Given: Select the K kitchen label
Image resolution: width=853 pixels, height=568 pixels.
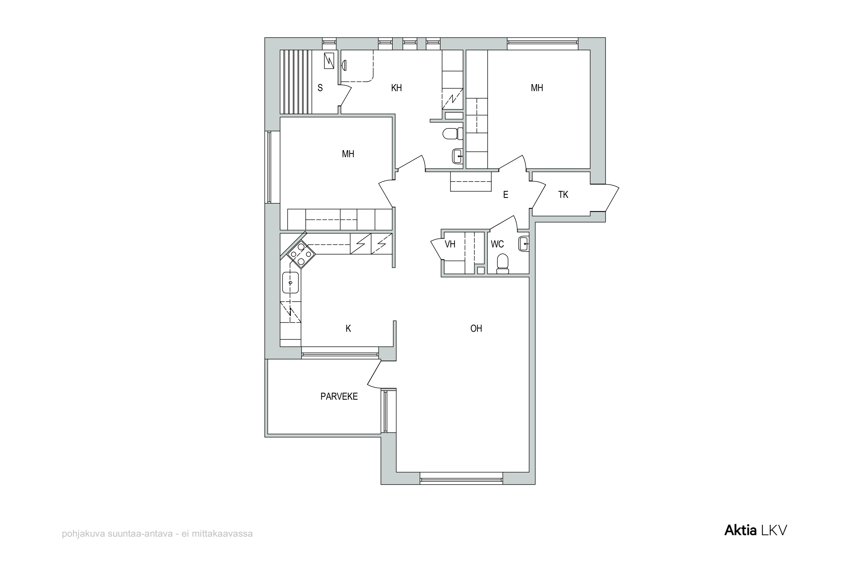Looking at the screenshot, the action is [348, 329].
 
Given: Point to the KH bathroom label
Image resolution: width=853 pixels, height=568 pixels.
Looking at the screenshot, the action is [396, 88].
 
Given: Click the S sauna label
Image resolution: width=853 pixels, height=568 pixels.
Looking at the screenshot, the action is [320, 88].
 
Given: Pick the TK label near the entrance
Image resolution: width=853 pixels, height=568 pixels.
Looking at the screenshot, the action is [563, 195].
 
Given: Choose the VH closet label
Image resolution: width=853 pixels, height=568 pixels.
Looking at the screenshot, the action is [450, 244].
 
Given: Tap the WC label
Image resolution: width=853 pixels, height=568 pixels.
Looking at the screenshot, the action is [497, 244].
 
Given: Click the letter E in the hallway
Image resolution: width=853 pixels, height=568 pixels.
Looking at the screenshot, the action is [506, 195].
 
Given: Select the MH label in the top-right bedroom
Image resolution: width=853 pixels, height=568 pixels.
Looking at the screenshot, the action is [537, 88].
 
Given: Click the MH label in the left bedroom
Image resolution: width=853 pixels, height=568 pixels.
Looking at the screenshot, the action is [348, 154].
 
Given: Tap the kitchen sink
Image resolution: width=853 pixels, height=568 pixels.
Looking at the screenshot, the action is [290, 283].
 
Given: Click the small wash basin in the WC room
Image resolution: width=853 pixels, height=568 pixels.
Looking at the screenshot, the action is [524, 244].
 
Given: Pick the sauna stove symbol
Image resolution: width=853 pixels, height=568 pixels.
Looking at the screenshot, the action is [329, 60].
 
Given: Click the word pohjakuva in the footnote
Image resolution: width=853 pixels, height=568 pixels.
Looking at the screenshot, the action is [83, 534].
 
